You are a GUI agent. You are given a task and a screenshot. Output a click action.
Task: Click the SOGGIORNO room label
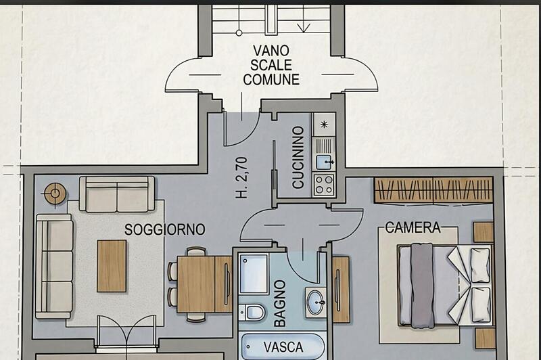pos(164,229)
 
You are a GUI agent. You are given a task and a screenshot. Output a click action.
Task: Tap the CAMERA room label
pos(413,227)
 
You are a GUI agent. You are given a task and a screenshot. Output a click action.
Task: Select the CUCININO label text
pos(298,158)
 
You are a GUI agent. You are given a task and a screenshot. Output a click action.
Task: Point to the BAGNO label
pos(280,303)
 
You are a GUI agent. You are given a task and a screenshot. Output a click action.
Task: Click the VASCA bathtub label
pos(283,347)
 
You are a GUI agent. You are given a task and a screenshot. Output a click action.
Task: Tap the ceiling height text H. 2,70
pos(242,178)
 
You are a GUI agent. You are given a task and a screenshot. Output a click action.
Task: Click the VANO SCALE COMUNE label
pos(271,65)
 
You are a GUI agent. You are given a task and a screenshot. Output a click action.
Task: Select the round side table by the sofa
pos(55,194)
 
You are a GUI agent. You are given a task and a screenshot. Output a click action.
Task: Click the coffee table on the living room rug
pos(112,266)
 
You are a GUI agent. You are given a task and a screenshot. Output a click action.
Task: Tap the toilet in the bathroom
pos(252,313)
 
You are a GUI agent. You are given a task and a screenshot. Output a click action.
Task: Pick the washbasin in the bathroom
pos(316,302)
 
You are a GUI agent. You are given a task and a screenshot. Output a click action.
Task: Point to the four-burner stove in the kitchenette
pos(324,185)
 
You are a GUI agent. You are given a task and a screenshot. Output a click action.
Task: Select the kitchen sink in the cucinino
pos(325,162)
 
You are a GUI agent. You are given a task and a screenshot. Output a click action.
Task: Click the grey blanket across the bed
pos(422,286)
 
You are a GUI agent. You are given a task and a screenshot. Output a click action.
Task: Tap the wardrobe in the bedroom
pos(433,190)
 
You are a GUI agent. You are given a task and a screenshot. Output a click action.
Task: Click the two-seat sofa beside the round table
pos(117,194)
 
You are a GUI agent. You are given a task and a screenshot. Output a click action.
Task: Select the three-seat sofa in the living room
pos(55,267)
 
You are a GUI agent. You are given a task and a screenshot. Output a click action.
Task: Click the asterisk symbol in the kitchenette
pos(324,125)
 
